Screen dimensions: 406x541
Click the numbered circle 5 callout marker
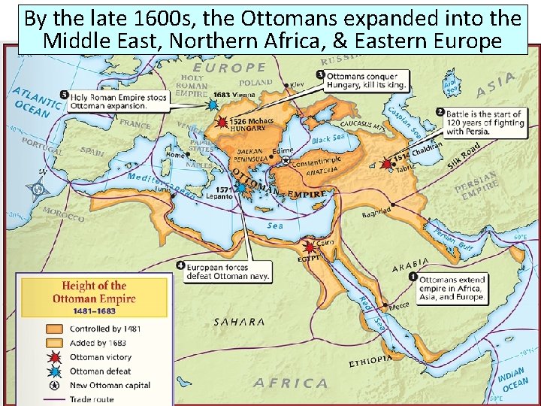(64, 95)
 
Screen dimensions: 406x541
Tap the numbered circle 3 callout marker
(320, 75)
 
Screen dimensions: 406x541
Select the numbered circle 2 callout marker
(440, 112)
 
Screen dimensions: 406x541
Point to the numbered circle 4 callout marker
(180, 265)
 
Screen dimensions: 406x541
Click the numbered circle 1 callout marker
(413, 277)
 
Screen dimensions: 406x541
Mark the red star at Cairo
(309, 246)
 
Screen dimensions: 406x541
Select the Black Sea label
(328, 139)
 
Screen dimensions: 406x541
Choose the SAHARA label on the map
(239, 322)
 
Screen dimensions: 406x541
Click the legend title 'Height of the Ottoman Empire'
(94, 292)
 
